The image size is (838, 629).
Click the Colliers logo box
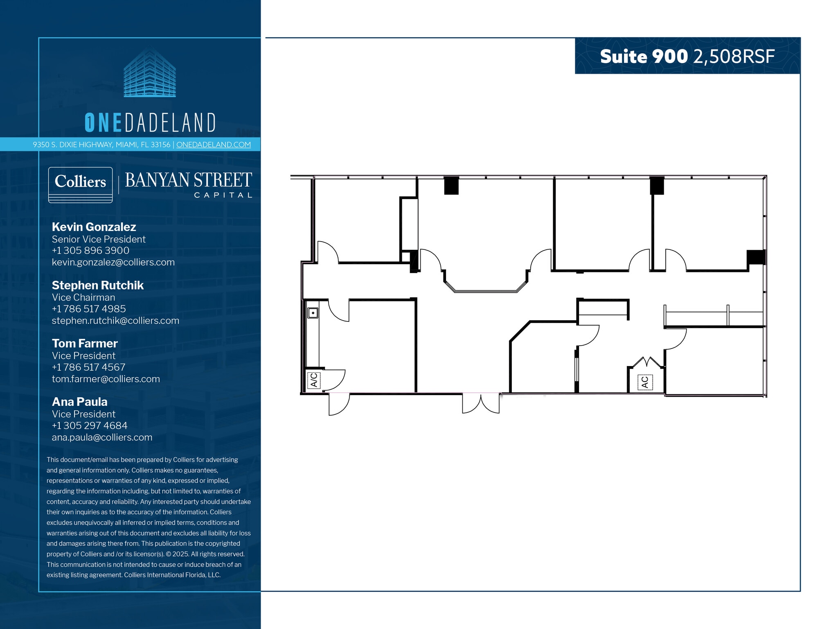click(x=80, y=184)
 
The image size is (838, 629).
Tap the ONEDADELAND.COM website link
click(x=213, y=145)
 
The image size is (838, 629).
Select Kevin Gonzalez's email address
click(x=113, y=262)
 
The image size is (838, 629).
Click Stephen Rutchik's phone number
click(x=88, y=309)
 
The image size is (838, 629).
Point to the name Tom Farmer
click(x=84, y=343)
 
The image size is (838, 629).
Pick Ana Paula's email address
click(x=102, y=437)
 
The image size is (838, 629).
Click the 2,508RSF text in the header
click(x=734, y=57)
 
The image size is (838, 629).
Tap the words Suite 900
click(x=644, y=57)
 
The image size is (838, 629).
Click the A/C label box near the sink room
click(x=314, y=380)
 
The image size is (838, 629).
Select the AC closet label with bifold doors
click(x=645, y=382)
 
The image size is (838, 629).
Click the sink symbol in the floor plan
click(x=313, y=313)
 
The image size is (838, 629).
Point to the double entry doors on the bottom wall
click(x=481, y=403)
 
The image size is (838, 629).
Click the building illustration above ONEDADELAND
click(x=150, y=72)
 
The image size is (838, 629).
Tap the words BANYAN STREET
click(x=188, y=180)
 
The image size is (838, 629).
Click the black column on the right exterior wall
click(x=756, y=257)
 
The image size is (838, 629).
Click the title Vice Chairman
click(x=83, y=297)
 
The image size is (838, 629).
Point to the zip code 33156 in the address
click(x=160, y=145)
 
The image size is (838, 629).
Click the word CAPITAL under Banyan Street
click(x=223, y=195)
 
